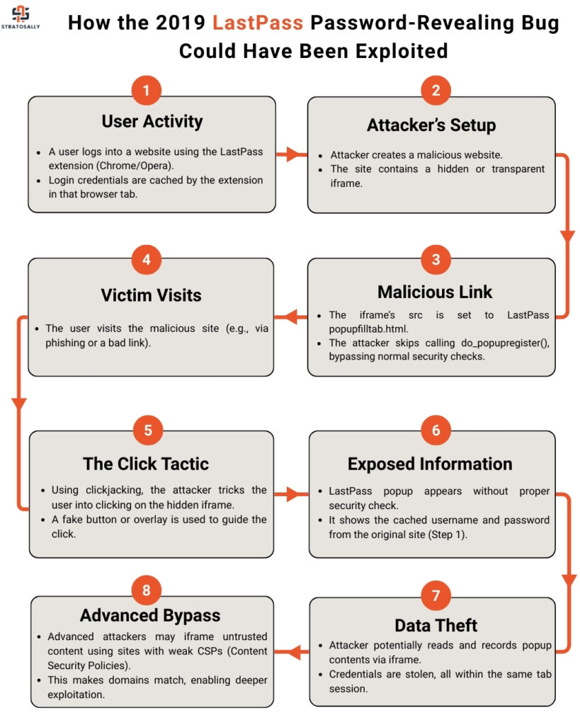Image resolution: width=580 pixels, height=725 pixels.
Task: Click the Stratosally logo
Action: (21, 17)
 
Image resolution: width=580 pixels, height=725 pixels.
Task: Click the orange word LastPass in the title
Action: (258, 23)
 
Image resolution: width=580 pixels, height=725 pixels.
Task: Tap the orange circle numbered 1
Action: (146, 90)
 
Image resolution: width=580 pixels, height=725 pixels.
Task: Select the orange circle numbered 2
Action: (436, 90)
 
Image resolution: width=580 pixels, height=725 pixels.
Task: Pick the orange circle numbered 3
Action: (436, 259)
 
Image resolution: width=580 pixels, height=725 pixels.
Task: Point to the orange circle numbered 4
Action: (146, 259)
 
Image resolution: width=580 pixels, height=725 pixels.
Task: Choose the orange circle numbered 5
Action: (148, 430)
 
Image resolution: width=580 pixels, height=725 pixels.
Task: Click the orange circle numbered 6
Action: (436, 430)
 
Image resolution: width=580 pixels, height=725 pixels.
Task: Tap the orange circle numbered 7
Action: (436, 595)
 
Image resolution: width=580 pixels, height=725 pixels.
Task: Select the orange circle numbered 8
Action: (146, 590)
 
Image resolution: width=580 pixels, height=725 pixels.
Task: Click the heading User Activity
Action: (152, 122)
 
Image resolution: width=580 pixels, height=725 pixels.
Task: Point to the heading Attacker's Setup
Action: (431, 125)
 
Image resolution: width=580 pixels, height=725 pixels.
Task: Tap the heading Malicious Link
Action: (435, 292)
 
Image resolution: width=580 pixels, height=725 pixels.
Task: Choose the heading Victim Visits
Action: (152, 295)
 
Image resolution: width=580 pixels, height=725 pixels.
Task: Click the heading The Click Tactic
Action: (146, 464)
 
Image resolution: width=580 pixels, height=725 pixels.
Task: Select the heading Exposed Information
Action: (430, 464)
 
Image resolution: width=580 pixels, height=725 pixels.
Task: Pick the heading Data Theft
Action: (436, 626)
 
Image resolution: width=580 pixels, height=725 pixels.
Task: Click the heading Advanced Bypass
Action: (150, 615)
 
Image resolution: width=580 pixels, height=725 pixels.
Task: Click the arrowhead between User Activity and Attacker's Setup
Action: (292, 154)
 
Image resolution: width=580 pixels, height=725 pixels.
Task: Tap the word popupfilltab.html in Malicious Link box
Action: (369, 329)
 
